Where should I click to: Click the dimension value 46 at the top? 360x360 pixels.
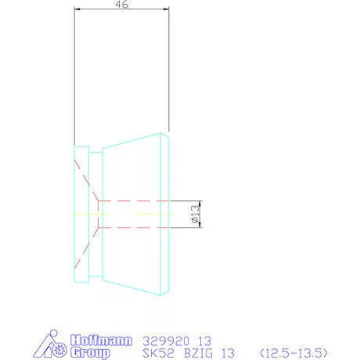121,4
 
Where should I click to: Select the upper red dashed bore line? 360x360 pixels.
133,200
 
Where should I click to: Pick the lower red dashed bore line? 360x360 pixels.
133,228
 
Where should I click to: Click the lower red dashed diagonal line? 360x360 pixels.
85,248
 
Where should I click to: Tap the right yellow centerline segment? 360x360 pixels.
153,214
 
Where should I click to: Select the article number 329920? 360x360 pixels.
164,340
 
